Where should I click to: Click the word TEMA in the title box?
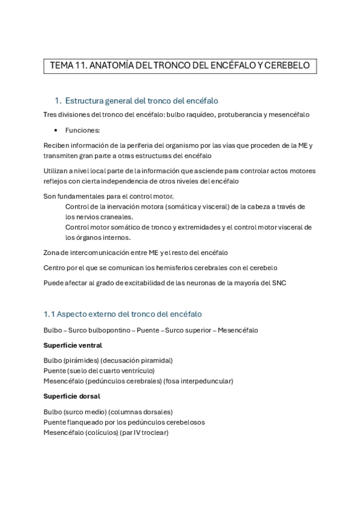pos(61,66)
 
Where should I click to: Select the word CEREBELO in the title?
pos(287,66)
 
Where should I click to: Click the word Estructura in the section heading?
pos(86,100)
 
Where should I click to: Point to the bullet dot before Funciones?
pos(56,130)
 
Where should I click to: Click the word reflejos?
pos(56,180)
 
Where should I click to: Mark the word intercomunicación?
pos(102,253)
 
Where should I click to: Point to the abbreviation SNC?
pos(278,283)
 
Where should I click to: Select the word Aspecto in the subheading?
pos(73,314)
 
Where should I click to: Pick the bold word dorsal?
pos(88,396)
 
